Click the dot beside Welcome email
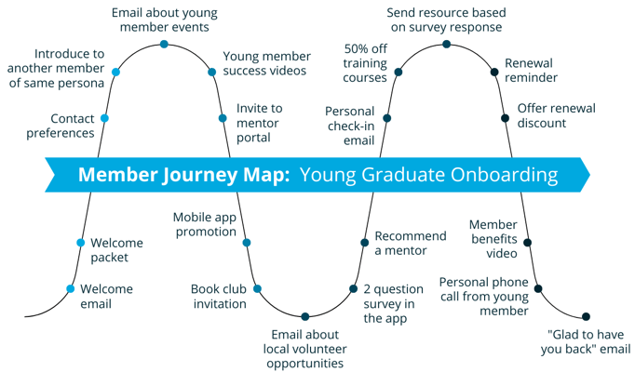point(71,289)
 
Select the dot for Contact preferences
point(104,118)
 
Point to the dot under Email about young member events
point(164,45)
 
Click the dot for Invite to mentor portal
point(223,118)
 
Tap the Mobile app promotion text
point(205,224)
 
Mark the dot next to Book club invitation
point(258,289)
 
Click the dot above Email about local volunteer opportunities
point(305,317)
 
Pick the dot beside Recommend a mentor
point(365,243)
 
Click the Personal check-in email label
point(349,126)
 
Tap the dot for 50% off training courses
point(399,72)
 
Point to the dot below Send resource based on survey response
point(446,45)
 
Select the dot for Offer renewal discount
point(506,118)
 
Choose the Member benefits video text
point(493,239)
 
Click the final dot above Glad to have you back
point(587,317)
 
